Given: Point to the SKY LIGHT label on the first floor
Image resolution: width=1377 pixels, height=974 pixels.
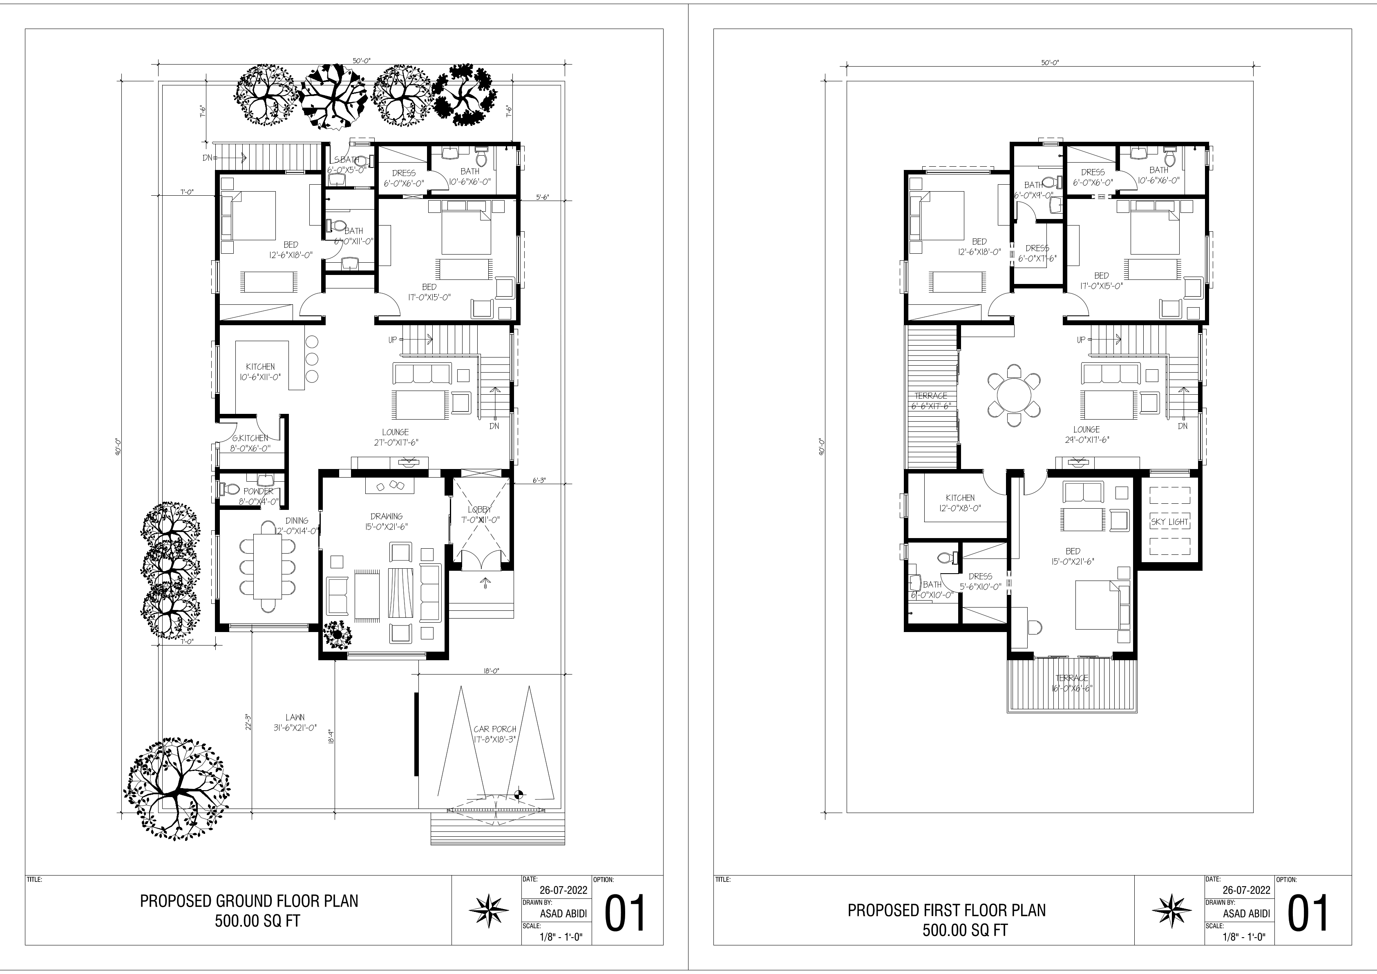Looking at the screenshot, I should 1169,522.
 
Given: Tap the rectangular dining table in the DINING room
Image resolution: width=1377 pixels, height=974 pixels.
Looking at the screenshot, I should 268,565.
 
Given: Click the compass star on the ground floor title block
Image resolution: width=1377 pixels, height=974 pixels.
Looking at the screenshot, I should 488,912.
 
